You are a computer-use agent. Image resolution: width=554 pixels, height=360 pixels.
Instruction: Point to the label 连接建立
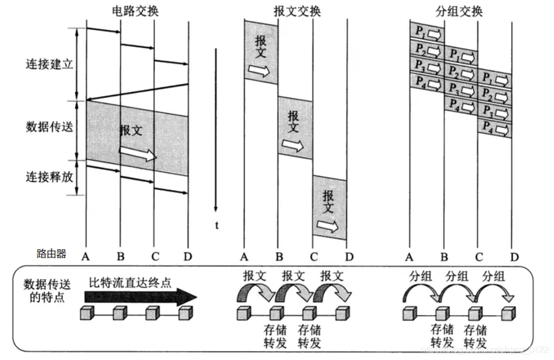[49, 65]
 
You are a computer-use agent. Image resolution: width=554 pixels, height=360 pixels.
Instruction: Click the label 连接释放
[49, 177]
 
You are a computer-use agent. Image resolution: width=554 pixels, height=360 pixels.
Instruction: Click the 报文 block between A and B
[261, 51]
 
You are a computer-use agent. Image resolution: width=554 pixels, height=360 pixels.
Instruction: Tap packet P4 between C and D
[495, 128]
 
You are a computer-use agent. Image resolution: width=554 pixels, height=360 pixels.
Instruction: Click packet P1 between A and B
[427, 33]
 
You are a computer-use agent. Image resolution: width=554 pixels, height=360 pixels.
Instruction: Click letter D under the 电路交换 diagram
[189, 256]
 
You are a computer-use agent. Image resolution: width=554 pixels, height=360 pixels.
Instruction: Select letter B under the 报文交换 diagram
[278, 256]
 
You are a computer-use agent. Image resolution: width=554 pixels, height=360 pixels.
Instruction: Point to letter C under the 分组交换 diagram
[478, 256]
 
